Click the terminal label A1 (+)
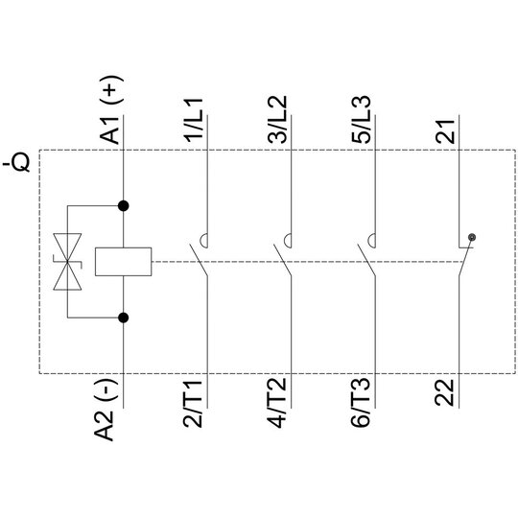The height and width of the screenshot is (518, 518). [x=111, y=109]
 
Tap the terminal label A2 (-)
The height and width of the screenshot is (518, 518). [x=105, y=410]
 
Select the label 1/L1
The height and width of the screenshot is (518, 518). [x=194, y=120]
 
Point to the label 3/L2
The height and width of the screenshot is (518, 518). [x=277, y=120]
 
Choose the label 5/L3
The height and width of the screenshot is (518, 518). [x=362, y=120]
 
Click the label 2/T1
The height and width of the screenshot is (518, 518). [x=193, y=404]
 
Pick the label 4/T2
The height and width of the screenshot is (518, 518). [x=277, y=404]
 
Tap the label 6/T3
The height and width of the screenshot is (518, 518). [x=361, y=404]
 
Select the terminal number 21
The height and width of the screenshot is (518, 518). [x=445, y=131]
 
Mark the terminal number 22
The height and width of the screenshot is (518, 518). [x=445, y=392]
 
